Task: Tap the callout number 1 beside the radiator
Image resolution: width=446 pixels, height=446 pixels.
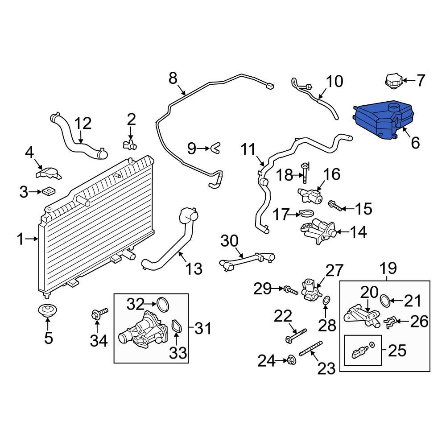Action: tap(20, 240)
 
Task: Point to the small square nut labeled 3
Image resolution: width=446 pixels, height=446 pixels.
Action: tap(48, 192)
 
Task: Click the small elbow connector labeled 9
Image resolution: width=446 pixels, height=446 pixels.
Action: tap(216, 147)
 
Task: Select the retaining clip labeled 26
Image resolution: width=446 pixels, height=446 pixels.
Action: tap(390, 322)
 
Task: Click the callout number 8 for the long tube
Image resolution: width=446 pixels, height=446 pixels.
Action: tap(173, 79)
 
